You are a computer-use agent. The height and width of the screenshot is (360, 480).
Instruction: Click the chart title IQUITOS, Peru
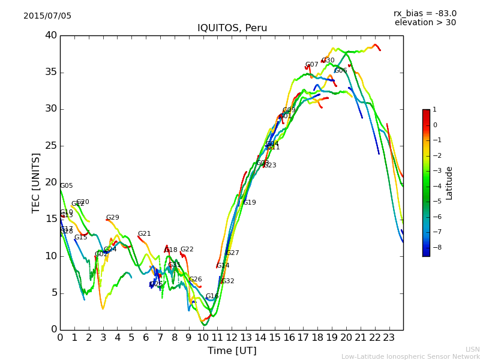(232, 28)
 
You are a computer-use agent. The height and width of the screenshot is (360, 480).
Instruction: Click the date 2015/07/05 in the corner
(47, 16)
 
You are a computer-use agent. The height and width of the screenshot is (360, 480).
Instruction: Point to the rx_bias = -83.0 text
(425, 13)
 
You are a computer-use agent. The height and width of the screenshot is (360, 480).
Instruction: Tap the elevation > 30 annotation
(425, 23)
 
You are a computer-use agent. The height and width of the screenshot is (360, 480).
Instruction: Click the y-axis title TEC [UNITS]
(36, 182)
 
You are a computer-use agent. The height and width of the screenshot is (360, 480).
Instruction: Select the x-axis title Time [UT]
(232, 351)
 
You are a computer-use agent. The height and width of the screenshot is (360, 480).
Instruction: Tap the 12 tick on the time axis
(232, 338)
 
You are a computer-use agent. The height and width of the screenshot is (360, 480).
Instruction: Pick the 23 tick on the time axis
(389, 338)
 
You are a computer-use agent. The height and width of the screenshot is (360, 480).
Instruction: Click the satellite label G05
(66, 186)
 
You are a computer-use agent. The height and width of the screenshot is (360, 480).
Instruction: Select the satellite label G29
(113, 218)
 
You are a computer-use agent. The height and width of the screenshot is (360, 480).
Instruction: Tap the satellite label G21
(144, 234)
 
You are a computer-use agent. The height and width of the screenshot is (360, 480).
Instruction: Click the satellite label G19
(250, 203)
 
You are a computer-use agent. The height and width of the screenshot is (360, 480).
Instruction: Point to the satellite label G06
(341, 71)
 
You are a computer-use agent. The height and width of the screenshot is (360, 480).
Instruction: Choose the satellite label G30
(328, 61)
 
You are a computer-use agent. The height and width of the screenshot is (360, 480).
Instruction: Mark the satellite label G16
(212, 296)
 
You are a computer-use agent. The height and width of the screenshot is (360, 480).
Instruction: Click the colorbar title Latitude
(449, 183)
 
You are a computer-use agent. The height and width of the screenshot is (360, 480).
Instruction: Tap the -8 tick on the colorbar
(435, 247)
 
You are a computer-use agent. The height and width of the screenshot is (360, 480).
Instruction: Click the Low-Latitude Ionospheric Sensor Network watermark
(410, 357)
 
